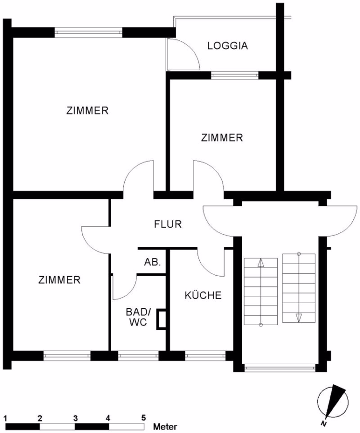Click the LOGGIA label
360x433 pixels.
[227, 46]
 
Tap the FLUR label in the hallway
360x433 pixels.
[167, 224]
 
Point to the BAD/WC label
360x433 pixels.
[138, 317]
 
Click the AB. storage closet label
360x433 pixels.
[153, 262]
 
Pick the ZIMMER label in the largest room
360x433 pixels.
[87, 111]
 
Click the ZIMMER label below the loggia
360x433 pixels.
[222, 138]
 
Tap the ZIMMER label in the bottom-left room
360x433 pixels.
[59, 280]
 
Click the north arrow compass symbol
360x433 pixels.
[333, 402]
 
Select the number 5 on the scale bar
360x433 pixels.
[143, 418]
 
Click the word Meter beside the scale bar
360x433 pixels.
[165, 427]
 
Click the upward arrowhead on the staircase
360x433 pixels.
[260, 263]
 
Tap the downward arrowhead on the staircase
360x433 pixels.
[299, 318]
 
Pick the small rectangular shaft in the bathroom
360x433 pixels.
[161, 319]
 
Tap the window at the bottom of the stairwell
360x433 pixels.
[280, 368]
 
